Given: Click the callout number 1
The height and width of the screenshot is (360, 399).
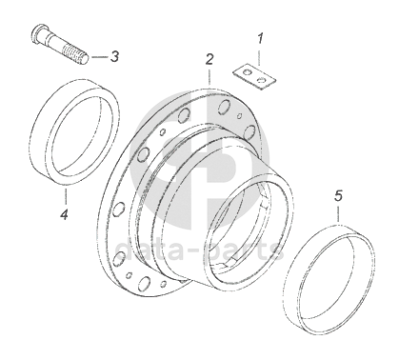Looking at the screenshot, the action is coord(260,40).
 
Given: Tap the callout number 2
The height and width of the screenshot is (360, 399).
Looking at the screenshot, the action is coord(209,60).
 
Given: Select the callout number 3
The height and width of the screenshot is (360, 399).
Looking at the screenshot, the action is coord(114,57).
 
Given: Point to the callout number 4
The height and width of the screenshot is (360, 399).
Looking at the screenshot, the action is coord(65,215).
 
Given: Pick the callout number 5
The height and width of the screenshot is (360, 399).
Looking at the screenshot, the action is coord(339,196).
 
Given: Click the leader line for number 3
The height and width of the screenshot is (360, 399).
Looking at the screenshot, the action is coord(100,57).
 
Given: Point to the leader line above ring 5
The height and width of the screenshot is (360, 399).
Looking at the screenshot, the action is coord(339,213).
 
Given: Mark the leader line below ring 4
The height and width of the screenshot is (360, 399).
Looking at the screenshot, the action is coord(66,196).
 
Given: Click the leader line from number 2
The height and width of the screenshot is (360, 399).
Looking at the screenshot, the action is coord(209,76).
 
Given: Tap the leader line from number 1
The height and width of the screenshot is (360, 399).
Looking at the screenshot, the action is coord(260,56).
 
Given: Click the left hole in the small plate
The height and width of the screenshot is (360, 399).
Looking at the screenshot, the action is coord(246,72).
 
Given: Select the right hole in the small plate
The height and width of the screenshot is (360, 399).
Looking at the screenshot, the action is coord(261,80).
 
